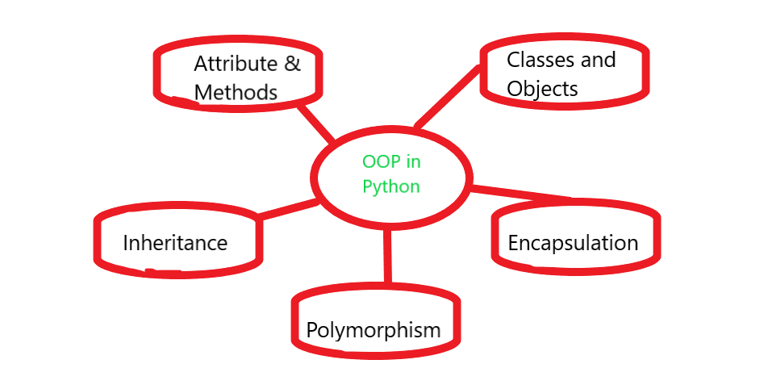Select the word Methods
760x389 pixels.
[x=236, y=92]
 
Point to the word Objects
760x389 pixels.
[x=542, y=88]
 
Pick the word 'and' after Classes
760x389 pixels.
[x=598, y=60]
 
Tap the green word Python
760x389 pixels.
[x=391, y=186]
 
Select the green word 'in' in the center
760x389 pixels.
[x=412, y=161]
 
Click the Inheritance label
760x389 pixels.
[x=175, y=242]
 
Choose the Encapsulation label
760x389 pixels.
[x=573, y=243]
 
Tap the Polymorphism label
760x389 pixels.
[x=374, y=329]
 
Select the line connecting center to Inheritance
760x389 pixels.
[x=286, y=208]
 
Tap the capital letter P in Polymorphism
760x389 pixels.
[x=312, y=329]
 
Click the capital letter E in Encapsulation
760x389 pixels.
[x=513, y=243]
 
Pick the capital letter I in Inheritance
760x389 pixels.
[x=126, y=242]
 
